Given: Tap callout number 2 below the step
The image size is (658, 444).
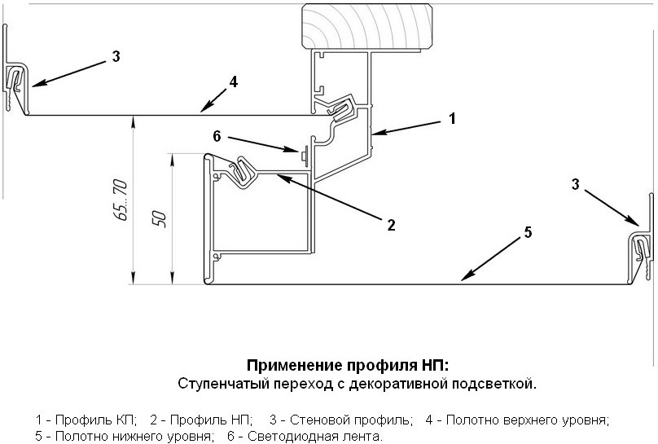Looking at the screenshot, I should coord(391,225).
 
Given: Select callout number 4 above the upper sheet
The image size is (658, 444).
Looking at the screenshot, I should coord(234,81).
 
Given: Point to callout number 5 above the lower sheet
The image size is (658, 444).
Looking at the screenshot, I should coord(529,233).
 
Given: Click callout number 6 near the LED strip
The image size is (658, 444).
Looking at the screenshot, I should coord(217,136).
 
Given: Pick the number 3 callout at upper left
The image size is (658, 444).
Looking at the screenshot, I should coord(116,56).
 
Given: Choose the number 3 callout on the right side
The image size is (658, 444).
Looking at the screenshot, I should coord(576,184).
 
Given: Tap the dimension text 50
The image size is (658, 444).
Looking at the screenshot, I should coord(160,219).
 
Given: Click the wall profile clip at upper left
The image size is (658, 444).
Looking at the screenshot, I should coord(17,81).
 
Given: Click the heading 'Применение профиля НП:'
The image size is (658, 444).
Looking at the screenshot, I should coord(347,364).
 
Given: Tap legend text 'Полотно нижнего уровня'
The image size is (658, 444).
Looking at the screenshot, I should coord(132,437).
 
